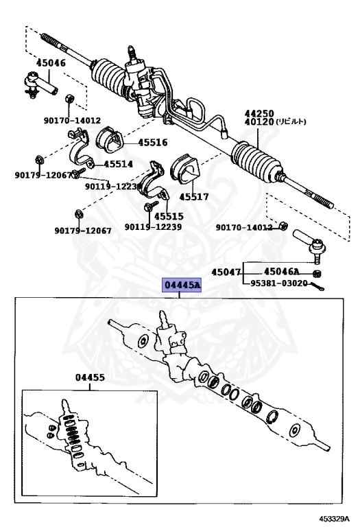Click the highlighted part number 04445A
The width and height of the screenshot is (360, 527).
[x=181, y=285]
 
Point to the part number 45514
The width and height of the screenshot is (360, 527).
[x=118, y=165]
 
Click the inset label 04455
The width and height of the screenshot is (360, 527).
[x=91, y=377]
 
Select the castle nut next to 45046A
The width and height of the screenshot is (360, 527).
[x=317, y=274]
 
